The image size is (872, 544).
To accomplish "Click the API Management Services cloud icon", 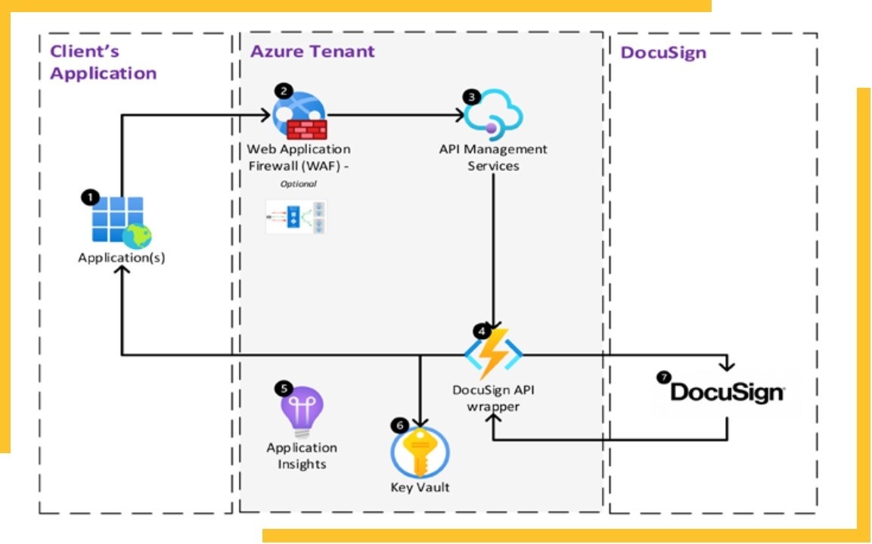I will (493, 116).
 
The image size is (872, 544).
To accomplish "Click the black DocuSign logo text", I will (727, 393).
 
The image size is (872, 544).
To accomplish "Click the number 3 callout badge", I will (473, 96).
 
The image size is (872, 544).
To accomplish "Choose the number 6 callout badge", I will (399, 425).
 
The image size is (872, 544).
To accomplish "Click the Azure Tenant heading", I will (312, 51).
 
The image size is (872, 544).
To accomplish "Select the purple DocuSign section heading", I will (663, 52).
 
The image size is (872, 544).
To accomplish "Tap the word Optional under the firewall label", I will (298, 184).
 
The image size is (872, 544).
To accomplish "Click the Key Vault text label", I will (420, 487).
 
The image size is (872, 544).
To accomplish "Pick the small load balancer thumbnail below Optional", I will (296, 216).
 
